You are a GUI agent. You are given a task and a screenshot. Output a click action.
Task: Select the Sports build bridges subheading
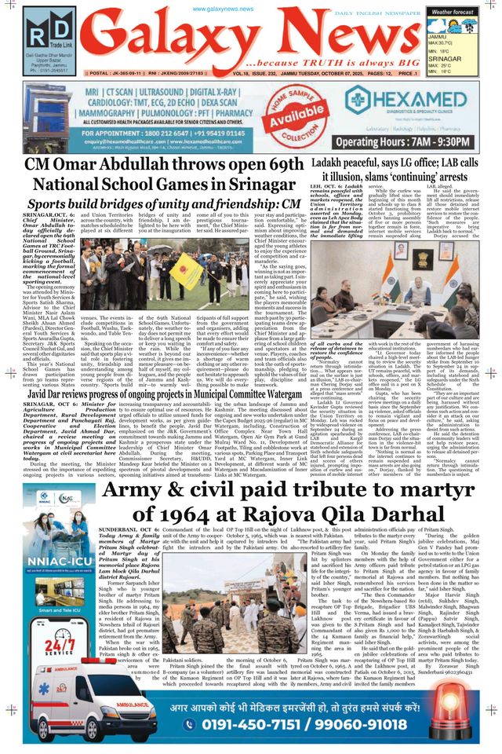click(156, 204)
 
